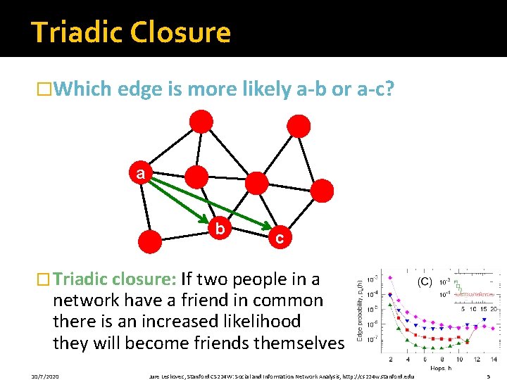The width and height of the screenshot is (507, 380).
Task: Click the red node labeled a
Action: [141, 173]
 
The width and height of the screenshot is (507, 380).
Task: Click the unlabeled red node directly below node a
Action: [150, 241]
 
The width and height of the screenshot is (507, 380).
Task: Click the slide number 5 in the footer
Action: [489, 376]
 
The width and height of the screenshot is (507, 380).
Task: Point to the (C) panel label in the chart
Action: [425, 281]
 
